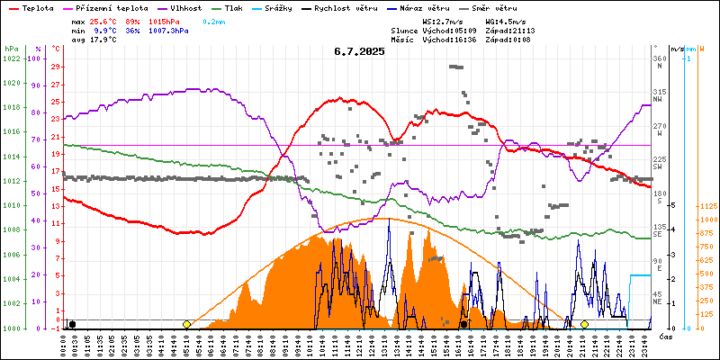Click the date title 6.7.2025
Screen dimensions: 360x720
pyautogui.click(x=358, y=52)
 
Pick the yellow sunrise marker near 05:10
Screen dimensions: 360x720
pyautogui.click(x=186, y=324)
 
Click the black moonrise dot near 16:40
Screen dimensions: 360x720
pyautogui.click(x=463, y=324)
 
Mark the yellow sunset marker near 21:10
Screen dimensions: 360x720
pyautogui.click(x=584, y=324)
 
